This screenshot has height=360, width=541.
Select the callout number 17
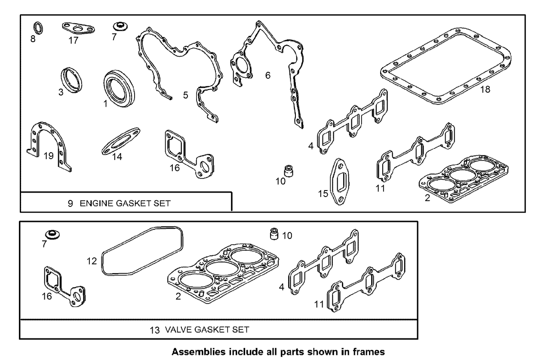point(74,40)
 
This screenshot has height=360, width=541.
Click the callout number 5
point(185,95)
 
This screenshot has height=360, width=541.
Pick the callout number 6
point(268,76)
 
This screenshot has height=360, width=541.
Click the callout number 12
point(91,261)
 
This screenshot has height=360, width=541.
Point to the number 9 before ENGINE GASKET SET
point(70,203)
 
